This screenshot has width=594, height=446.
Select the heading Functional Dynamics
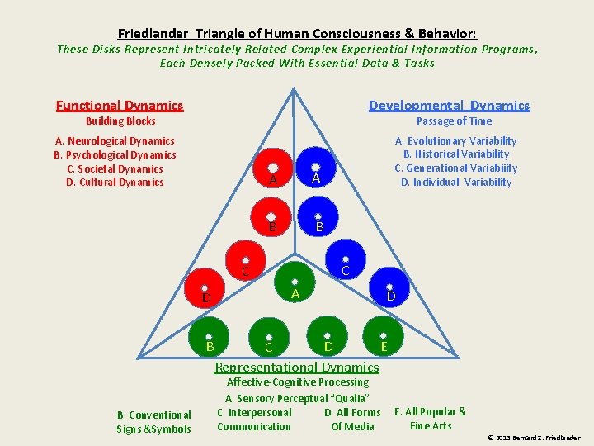pyautogui.click(x=120, y=105)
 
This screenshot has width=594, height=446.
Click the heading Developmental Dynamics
pyautogui.click(x=449, y=105)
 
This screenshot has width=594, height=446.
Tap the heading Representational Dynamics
pyautogui.click(x=296, y=368)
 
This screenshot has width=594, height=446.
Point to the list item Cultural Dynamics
pyautogui.click(x=115, y=183)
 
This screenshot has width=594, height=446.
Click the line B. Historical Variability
pyautogui.click(x=455, y=154)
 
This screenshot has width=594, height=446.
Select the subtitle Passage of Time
pyautogui.click(x=454, y=121)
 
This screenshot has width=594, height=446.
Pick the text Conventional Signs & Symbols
pyautogui.click(x=153, y=422)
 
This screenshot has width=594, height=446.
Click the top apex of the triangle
pyautogui.click(x=295, y=88)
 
